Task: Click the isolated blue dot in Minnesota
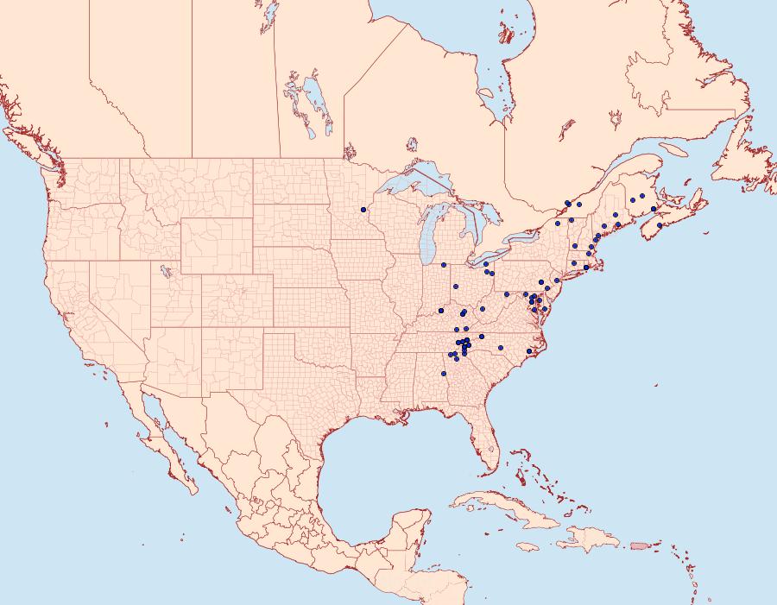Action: pos(363,210)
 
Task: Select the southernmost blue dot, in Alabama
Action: pos(443,374)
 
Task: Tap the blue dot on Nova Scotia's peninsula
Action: pos(660,225)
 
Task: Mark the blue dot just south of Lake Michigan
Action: pos(443,265)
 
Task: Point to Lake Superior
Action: pos(414,185)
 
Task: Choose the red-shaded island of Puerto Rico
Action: pos(640,545)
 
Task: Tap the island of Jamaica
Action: pos(528,546)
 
